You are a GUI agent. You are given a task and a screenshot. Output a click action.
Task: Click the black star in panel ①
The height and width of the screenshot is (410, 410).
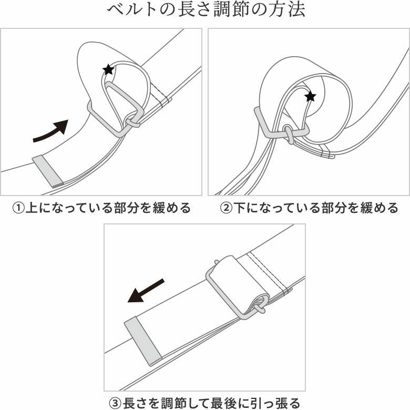(108, 69)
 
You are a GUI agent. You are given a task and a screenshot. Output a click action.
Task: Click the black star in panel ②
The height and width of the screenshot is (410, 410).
(310, 96)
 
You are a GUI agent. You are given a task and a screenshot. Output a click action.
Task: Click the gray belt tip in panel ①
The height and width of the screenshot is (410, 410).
(48, 171)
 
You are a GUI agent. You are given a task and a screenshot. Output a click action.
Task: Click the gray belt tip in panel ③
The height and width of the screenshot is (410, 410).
(143, 342)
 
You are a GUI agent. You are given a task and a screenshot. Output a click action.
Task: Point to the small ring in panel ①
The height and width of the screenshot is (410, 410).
(132, 122)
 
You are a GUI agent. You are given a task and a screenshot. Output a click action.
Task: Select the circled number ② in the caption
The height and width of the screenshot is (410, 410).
(225, 208)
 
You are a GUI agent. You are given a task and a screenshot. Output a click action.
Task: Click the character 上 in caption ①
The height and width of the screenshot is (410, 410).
(31, 208)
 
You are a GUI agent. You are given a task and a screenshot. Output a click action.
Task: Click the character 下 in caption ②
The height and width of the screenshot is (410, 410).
(238, 208)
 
